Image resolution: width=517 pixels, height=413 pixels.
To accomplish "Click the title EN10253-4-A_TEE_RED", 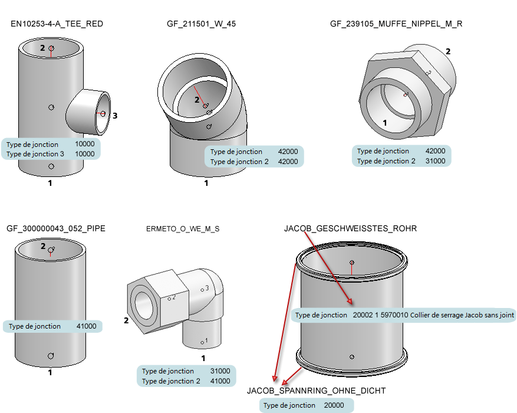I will pos(57,24).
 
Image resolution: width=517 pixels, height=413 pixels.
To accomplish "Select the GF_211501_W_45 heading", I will pos(202,24).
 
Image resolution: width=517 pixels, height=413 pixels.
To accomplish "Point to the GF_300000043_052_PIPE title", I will pos(56,228).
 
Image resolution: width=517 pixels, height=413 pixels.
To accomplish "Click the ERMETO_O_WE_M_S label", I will pos(183,229).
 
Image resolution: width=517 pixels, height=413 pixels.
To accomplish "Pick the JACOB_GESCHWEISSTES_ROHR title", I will pos(350,228).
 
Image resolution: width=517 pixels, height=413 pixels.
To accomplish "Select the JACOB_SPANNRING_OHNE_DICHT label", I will pos(316,391).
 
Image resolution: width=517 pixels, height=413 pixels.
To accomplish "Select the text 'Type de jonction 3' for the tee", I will pos(35,154).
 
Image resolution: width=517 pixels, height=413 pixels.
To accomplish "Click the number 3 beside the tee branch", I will pos(115,116).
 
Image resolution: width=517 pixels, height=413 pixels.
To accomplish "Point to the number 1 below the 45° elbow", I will pos(206,183).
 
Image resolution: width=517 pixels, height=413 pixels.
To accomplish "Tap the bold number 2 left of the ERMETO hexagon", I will pos(126,321).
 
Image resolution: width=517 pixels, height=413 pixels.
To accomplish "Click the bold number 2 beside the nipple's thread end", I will pos(448,51).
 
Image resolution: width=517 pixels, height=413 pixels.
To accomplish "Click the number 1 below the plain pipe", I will pos(50,372).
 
